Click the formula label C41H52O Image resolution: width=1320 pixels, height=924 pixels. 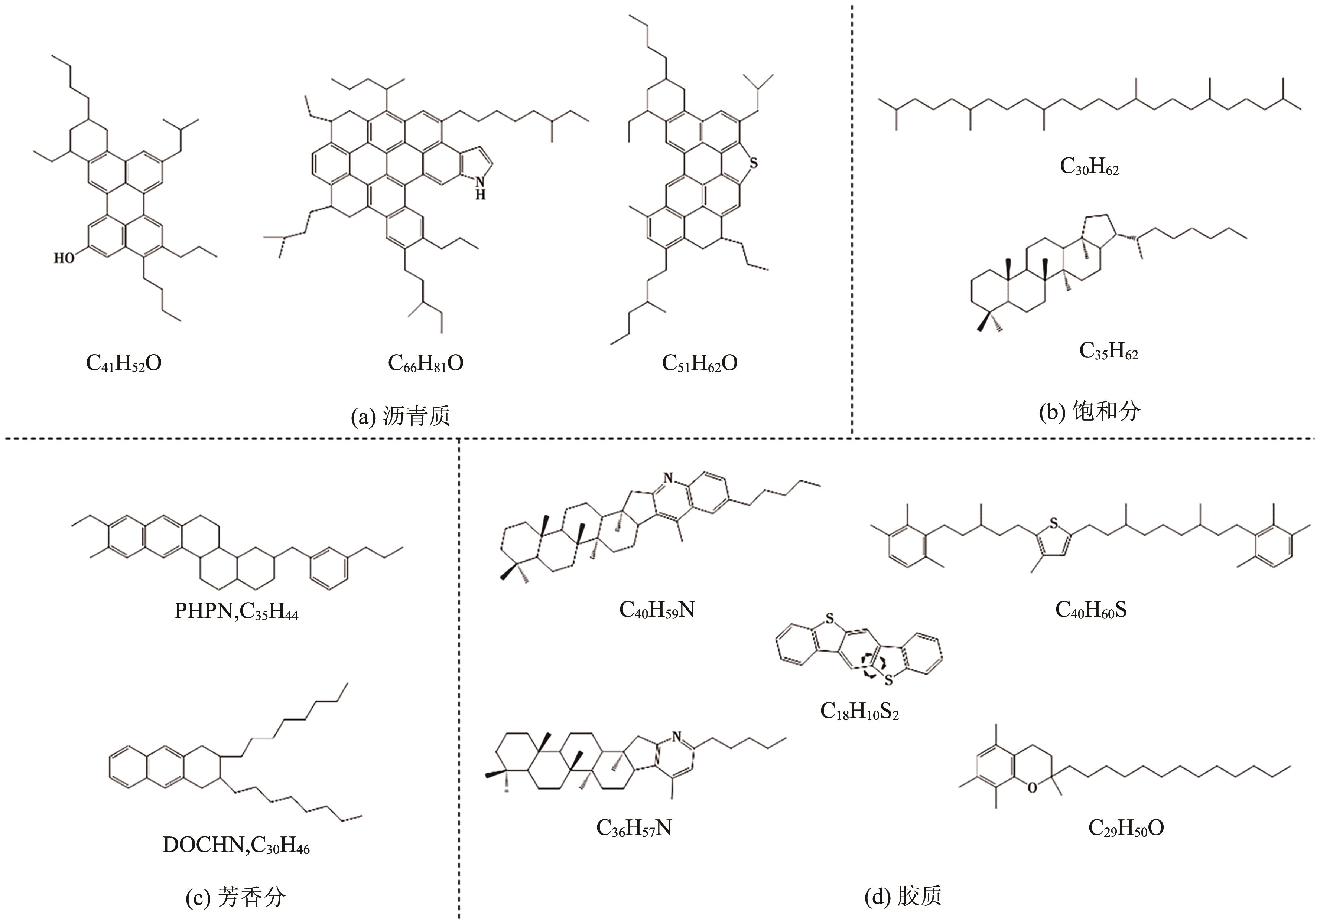coord(124,363)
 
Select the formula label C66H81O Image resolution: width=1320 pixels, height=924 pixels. coord(425,363)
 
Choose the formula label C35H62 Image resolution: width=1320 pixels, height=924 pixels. coord(1108,350)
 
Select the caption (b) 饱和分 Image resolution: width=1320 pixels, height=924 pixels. coord(1089,411)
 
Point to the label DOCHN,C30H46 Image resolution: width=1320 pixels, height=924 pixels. coord(236,845)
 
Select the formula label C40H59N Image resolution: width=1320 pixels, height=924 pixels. coord(657,609)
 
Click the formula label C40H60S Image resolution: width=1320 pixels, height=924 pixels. coord(1090,609)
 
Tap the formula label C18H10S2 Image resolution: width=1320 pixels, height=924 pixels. coord(859,711)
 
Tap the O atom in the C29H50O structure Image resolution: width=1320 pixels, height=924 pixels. coord(1032,788)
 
